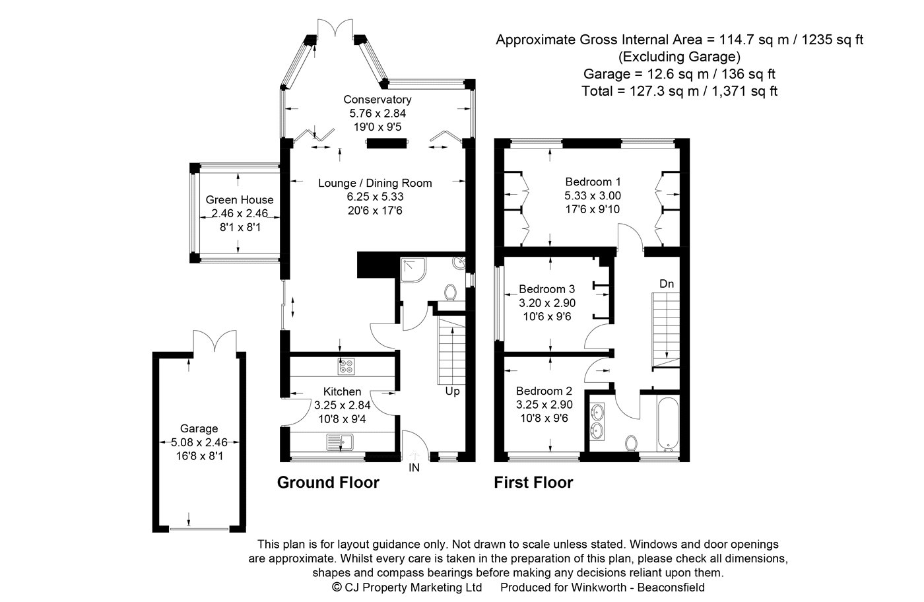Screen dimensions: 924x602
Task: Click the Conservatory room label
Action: pos(377,100)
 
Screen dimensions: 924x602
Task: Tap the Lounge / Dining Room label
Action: pos(375,183)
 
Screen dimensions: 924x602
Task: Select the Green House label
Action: pos(239,200)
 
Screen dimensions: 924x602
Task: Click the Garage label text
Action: pos(199,428)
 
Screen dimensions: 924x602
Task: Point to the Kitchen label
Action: pos(342,391)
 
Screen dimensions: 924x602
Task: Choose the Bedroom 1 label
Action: pos(593,182)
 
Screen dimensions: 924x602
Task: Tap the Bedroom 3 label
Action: pos(546,289)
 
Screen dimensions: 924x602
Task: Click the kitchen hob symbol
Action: pos(346,364)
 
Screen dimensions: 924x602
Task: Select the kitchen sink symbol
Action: pos(340,441)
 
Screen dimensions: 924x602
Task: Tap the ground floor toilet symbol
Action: pos(451,291)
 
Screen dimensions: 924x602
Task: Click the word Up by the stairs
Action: pos(452,391)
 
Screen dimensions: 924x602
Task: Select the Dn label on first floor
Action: pos(667,284)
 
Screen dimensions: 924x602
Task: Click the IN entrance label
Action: pos(414,468)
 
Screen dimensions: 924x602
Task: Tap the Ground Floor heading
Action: pos(328,483)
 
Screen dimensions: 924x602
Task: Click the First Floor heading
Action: pos(533,483)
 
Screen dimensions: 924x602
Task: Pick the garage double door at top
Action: pos(214,341)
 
